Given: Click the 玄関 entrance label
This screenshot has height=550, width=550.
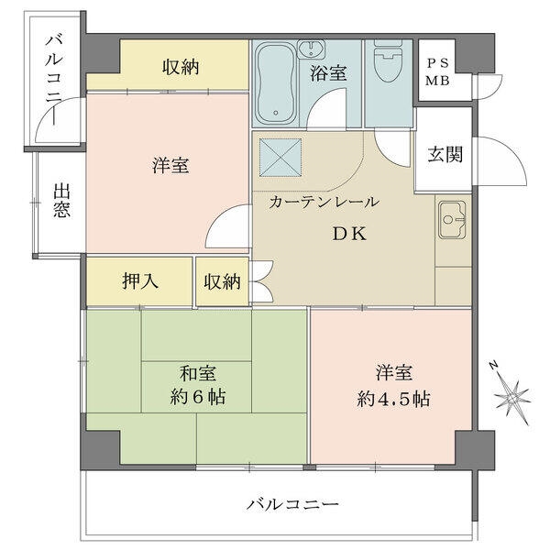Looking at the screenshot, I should click(445, 154).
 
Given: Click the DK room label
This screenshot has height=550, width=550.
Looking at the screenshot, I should click(349, 233).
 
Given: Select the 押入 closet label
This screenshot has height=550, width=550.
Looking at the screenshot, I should click(140, 280).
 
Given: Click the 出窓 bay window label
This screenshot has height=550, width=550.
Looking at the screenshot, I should click(62, 201).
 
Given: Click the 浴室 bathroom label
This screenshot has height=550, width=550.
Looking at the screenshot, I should click(328, 74).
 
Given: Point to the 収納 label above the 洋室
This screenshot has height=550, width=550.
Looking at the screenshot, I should click(181, 67).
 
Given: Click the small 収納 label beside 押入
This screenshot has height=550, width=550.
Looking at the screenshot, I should click(222, 281).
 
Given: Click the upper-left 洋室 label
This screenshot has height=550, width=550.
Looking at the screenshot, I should click(170, 167).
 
